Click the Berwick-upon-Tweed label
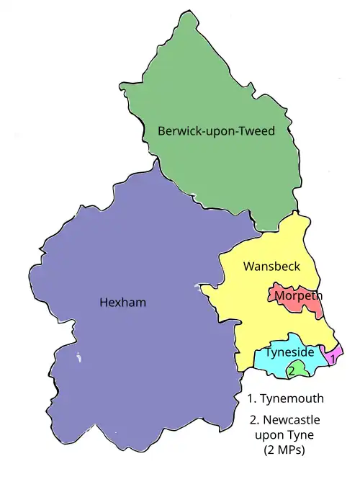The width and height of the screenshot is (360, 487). point(217,131)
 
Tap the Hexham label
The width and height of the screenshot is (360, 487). point(122,303)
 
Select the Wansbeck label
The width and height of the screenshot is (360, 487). point(271,267)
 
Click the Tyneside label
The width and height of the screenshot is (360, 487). point(289,353)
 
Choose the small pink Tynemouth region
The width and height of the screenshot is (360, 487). point(333,356)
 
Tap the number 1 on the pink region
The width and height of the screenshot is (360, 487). point(333,357)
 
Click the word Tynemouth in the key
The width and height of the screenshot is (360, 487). point(292,398)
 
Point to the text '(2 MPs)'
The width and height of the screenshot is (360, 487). point(284,451)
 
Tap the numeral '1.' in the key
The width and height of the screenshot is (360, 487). point(251,398)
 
